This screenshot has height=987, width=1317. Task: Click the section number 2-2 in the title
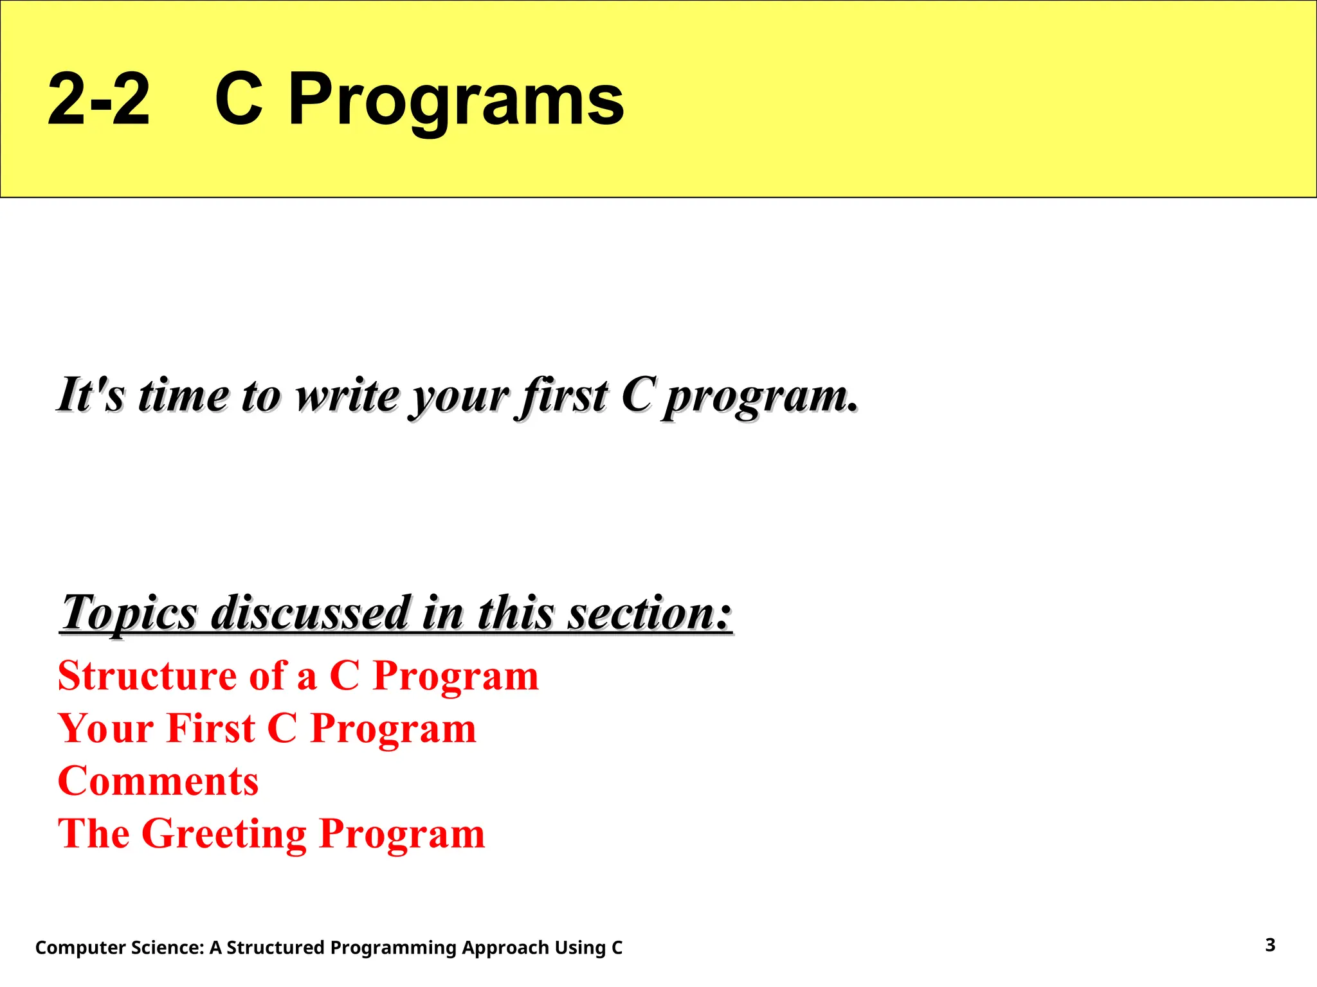tap(98, 100)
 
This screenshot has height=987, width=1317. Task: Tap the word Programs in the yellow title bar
tap(456, 100)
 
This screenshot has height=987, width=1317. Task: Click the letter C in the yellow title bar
tap(239, 100)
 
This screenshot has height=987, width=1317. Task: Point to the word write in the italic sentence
tap(347, 395)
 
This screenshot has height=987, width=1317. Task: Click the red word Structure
tap(147, 676)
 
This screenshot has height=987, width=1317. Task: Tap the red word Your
tap(106, 729)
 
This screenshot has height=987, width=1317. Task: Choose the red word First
tap(212, 729)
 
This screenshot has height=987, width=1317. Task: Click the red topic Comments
tap(158, 781)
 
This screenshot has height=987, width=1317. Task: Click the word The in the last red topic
tap(94, 834)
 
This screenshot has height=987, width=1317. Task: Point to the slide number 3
tap(1270, 945)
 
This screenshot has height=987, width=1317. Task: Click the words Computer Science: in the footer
tap(120, 948)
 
